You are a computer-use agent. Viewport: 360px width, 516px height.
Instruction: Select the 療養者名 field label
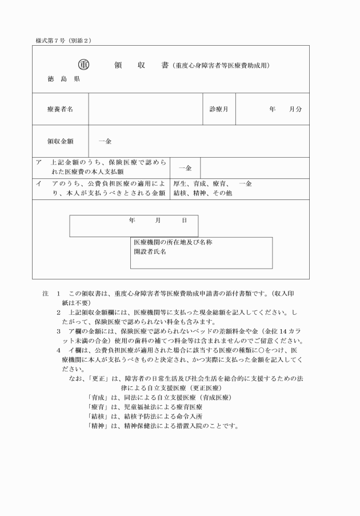60,109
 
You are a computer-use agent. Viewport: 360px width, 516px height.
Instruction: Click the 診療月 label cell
219,109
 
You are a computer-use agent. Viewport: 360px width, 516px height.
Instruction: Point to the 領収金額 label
60,141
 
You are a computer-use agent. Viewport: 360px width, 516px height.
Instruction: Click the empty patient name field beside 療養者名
146,109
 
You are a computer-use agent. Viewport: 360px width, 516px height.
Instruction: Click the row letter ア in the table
39,162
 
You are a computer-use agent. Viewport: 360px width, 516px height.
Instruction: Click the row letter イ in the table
39,184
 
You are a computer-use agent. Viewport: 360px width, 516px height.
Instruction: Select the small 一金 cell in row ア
185,167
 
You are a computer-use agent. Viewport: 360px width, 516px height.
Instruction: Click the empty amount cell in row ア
254,167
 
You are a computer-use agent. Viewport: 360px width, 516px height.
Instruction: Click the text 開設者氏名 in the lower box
150,251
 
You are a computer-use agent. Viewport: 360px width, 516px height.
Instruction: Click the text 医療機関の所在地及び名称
173,242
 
